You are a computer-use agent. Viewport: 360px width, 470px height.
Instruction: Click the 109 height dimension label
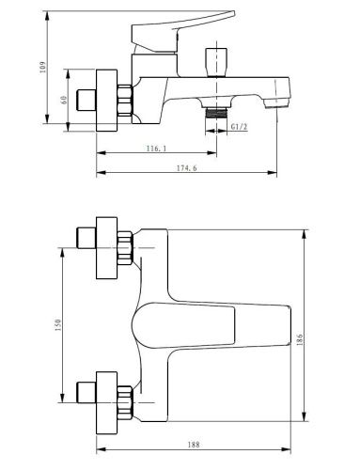(43, 67)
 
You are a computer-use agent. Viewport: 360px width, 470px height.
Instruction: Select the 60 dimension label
(64, 100)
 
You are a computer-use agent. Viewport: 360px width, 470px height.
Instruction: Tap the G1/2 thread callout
(240, 127)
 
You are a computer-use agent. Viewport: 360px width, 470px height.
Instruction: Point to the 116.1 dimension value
(156, 149)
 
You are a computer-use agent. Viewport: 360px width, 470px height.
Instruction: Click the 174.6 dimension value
(187, 168)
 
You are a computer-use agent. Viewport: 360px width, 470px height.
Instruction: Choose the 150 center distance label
(58, 325)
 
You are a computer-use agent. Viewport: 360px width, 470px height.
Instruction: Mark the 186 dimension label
(299, 339)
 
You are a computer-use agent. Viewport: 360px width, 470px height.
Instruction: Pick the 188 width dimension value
(194, 445)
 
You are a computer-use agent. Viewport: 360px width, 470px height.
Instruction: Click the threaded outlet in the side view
(216, 112)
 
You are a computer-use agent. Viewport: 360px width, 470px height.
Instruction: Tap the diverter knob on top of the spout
(216, 62)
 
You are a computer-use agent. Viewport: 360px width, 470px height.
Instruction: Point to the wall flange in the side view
(106, 101)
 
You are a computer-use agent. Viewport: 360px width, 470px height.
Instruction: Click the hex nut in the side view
(125, 101)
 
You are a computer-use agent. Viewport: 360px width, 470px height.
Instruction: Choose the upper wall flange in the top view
(106, 247)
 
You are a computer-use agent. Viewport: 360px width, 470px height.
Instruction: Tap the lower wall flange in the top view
(106, 402)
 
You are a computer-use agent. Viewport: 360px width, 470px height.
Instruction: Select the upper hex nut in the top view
(125, 248)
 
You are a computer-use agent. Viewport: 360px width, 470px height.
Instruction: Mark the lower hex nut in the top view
(125, 403)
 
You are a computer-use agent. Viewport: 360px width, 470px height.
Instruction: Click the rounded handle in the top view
(183, 325)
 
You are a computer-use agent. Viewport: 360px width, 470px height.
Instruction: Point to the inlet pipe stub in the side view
(86, 101)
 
